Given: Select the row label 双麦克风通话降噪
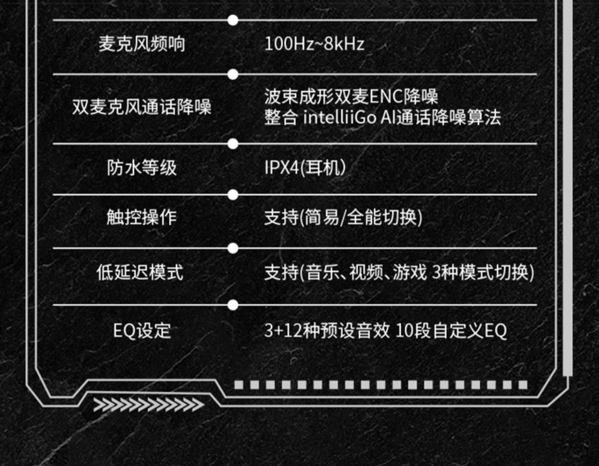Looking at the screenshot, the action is click(x=142, y=107).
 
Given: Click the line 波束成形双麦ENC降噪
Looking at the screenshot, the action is click(x=351, y=96).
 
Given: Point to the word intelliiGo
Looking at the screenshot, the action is click(x=339, y=118).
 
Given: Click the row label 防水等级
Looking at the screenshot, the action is click(x=142, y=168).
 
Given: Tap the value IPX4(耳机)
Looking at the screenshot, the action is click(x=305, y=168).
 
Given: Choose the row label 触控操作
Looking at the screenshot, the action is click(x=142, y=217).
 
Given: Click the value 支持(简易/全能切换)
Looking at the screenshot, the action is click(x=343, y=217).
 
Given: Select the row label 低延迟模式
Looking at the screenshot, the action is click(x=140, y=273).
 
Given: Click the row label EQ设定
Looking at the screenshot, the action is click(x=142, y=331).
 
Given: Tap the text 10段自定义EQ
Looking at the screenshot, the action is click(x=451, y=331).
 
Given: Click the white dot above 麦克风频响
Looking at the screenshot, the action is click(x=233, y=20).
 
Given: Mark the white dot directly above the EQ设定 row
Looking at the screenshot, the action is click(x=233, y=305).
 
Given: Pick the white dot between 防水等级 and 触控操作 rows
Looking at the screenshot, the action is click(x=233, y=195).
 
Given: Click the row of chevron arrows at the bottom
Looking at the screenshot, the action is click(x=149, y=405).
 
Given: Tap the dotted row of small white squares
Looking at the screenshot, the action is click(x=381, y=385).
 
